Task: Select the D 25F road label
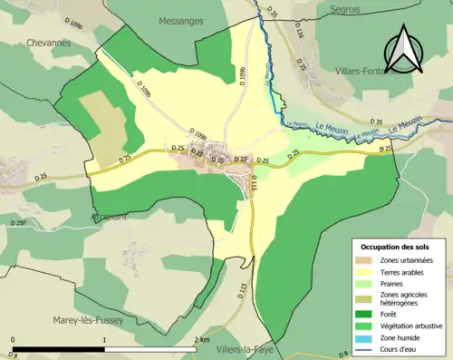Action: [x=19, y=222]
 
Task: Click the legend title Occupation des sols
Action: [x=398, y=247]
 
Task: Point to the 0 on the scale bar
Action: [x=13, y=341]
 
